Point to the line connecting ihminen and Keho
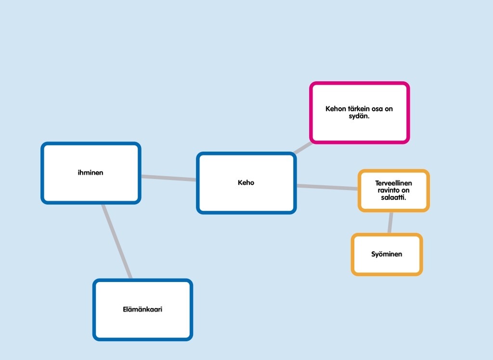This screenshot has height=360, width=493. pyautogui.click(x=169, y=178)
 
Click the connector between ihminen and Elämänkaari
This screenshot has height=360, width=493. pyautogui.click(x=116, y=241)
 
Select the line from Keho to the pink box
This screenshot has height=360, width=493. pyautogui.click(x=303, y=147)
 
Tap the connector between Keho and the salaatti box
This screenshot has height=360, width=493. pyautogui.click(x=327, y=187)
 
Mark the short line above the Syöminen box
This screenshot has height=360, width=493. pyautogui.click(x=390, y=222)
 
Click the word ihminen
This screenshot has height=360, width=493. pyautogui.click(x=91, y=172)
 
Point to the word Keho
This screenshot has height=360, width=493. pyautogui.click(x=246, y=183)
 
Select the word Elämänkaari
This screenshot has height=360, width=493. pyautogui.click(x=143, y=309)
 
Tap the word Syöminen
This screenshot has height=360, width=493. pyautogui.click(x=387, y=254)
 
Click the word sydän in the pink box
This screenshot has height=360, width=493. pyautogui.click(x=359, y=116)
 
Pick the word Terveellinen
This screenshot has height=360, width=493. pyautogui.click(x=394, y=183)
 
